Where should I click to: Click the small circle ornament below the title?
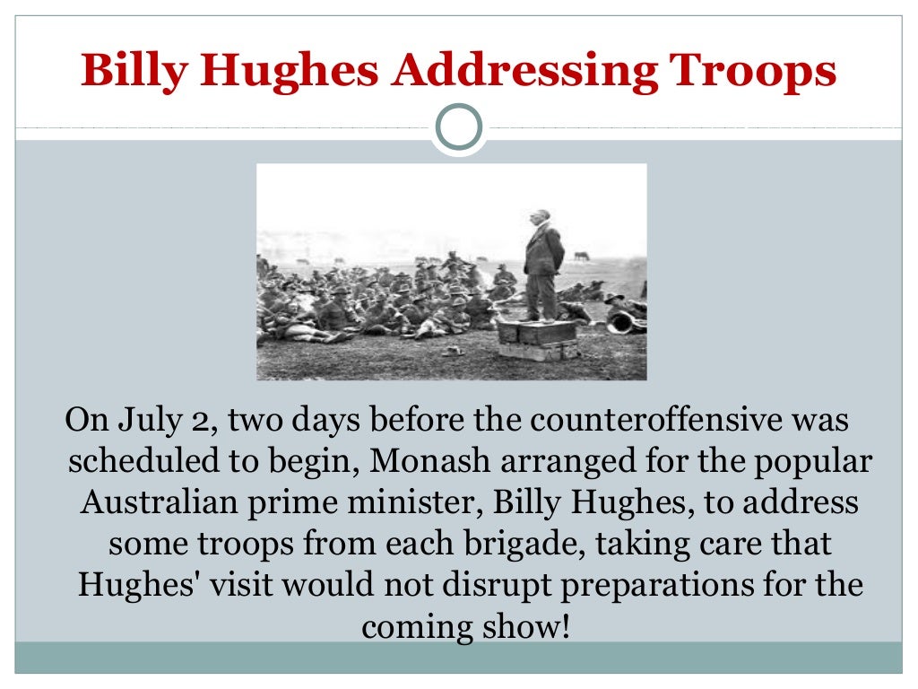pos(459,127)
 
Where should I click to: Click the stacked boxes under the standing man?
pos(539,339)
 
